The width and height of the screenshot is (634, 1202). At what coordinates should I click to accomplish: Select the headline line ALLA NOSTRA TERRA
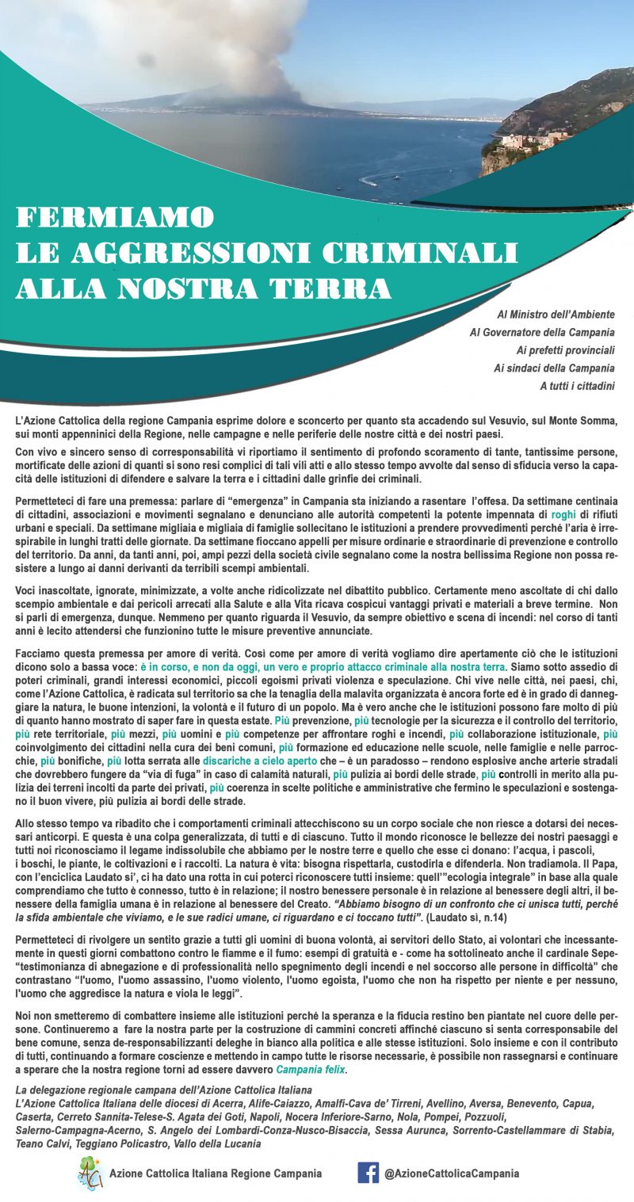[204, 288]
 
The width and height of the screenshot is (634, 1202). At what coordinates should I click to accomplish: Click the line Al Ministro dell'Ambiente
[556, 315]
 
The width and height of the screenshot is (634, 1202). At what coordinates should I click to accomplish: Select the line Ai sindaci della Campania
[554, 368]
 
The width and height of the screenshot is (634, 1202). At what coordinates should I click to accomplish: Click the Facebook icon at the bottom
[368, 1172]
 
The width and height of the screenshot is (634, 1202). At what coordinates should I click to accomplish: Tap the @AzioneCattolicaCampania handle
[452, 1173]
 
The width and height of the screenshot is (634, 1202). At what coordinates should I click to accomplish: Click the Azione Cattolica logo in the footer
[90, 1172]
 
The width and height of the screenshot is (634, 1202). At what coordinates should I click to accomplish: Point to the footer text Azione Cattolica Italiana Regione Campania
[216, 1173]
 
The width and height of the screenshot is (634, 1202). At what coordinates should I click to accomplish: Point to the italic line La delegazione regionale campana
[164, 1091]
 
